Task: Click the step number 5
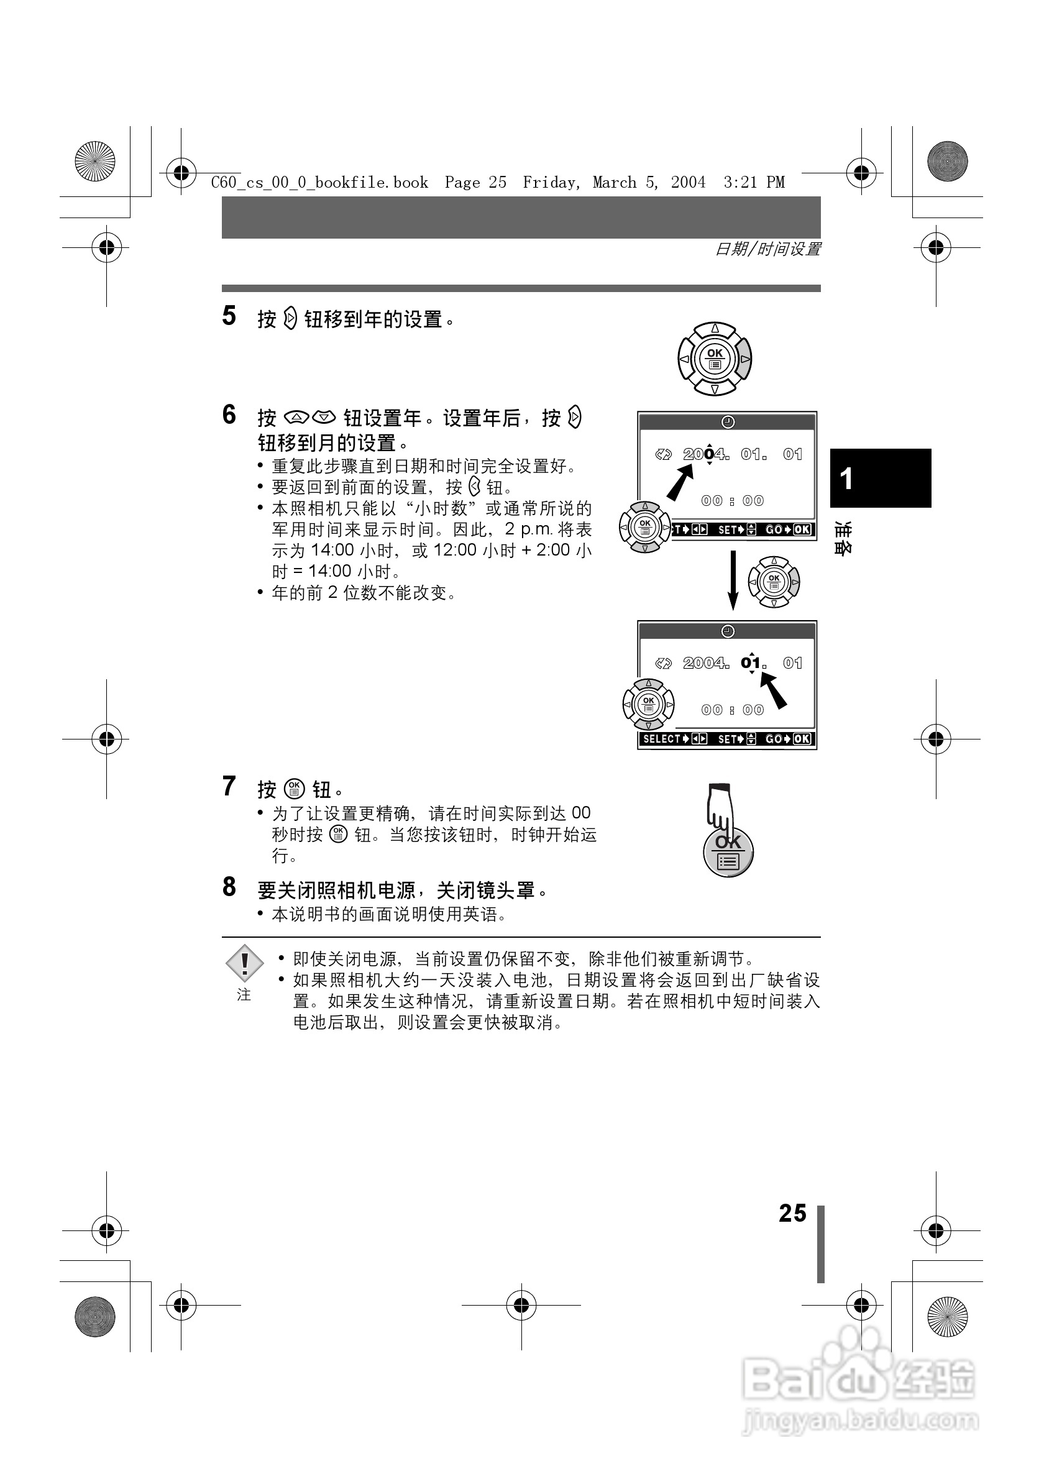click(x=229, y=316)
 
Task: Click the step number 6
click(x=229, y=415)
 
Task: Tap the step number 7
click(x=229, y=787)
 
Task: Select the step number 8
click(x=229, y=887)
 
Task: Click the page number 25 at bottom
click(x=792, y=1214)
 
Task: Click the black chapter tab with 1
click(x=880, y=478)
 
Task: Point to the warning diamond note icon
click(x=244, y=964)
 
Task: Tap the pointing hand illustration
click(x=720, y=808)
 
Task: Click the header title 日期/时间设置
click(x=767, y=249)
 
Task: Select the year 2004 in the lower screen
click(x=705, y=663)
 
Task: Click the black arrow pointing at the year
click(x=679, y=482)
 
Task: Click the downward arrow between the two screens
click(x=732, y=580)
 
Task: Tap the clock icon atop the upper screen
click(x=728, y=422)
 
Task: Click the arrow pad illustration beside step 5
click(x=714, y=359)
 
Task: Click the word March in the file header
click(x=615, y=183)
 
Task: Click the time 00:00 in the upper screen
click(x=732, y=500)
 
